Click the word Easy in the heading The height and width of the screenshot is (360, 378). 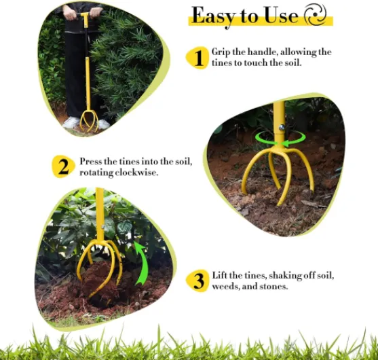click(212, 16)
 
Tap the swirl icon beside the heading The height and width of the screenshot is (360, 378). click(316, 14)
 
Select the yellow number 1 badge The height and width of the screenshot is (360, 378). click(197, 58)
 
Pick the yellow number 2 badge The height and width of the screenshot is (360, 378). click(63, 166)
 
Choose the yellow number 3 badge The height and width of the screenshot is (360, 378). click(197, 281)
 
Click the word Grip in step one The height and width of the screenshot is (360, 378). click(221, 52)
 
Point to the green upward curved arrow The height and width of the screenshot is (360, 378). click(142, 262)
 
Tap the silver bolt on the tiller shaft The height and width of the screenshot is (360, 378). click(282, 127)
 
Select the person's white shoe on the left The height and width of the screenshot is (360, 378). click(71, 123)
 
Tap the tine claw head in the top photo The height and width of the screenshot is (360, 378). click(89, 120)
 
